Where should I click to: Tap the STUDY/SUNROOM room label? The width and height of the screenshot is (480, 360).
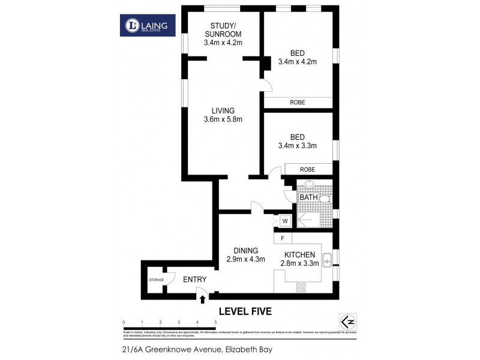222,29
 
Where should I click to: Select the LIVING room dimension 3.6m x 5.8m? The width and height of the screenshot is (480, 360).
222,119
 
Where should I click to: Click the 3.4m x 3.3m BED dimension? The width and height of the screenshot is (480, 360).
297,145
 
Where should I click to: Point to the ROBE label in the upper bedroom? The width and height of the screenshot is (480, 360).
298,103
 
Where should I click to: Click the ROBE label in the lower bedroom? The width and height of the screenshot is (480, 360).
308,169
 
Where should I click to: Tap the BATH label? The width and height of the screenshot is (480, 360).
308,197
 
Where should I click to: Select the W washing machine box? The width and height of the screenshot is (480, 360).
286,221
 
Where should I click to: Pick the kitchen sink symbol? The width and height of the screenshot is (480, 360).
328,260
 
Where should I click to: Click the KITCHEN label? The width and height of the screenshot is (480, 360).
299,255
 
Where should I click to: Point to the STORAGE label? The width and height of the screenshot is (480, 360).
156,280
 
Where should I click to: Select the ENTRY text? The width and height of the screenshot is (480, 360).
194,280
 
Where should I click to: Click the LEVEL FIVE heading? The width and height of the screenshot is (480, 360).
245,311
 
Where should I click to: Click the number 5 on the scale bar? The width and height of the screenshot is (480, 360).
215,323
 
